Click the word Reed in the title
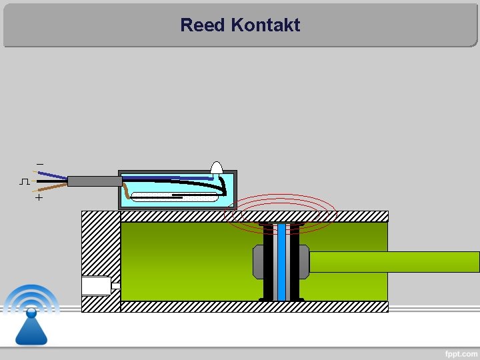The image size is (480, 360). tap(203, 25)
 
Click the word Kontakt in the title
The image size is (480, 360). tap(265, 25)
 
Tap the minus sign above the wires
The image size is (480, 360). tap(39, 164)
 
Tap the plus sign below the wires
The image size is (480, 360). tap(39, 198)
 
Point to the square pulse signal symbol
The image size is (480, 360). tap(25, 181)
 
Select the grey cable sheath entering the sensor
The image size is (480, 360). tap(94, 181)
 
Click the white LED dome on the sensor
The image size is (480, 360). tap(217, 167)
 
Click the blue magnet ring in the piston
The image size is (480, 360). tap(281, 261)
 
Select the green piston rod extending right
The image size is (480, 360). tap(393, 261)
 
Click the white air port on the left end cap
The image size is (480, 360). tap(96, 285)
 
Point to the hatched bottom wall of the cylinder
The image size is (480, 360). tap(253, 307)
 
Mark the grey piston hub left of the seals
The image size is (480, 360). tap(258, 261)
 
